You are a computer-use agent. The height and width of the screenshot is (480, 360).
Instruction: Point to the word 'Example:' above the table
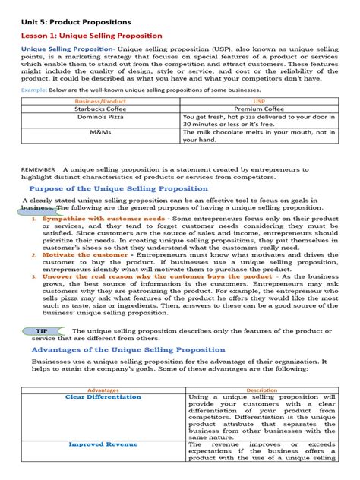click(37, 90)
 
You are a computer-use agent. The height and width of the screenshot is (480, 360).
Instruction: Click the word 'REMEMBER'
click(38, 169)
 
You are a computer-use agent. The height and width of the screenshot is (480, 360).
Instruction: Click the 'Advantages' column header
click(103, 390)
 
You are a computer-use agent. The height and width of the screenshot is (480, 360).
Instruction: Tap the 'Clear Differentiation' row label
click(103, 397)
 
